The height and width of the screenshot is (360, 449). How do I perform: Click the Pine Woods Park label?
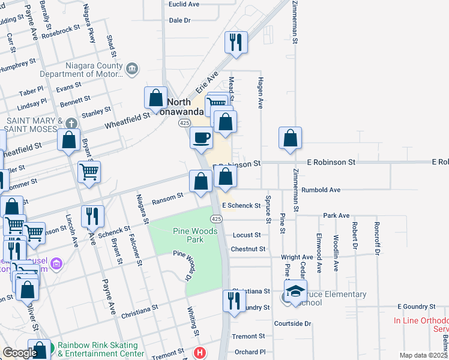pos(188,235)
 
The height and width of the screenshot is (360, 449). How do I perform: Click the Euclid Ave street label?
pos(184,4)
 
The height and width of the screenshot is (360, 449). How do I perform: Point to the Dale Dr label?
pos(179,20)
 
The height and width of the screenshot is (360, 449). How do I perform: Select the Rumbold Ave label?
pos(321,190)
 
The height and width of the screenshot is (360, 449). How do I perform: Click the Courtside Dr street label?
pos(292,323)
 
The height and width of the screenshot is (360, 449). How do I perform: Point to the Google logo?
pos(20,353)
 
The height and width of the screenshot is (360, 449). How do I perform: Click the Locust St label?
pos(247,235)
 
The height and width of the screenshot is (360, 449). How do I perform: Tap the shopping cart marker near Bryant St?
pos(89,172)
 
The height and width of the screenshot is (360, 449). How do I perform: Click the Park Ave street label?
pos(336,215)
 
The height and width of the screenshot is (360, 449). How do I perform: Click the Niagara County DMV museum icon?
pos(133,70)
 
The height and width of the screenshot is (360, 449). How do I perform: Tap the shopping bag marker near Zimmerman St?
pos(291,137)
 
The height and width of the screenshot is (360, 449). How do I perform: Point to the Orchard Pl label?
pos(250,352)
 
